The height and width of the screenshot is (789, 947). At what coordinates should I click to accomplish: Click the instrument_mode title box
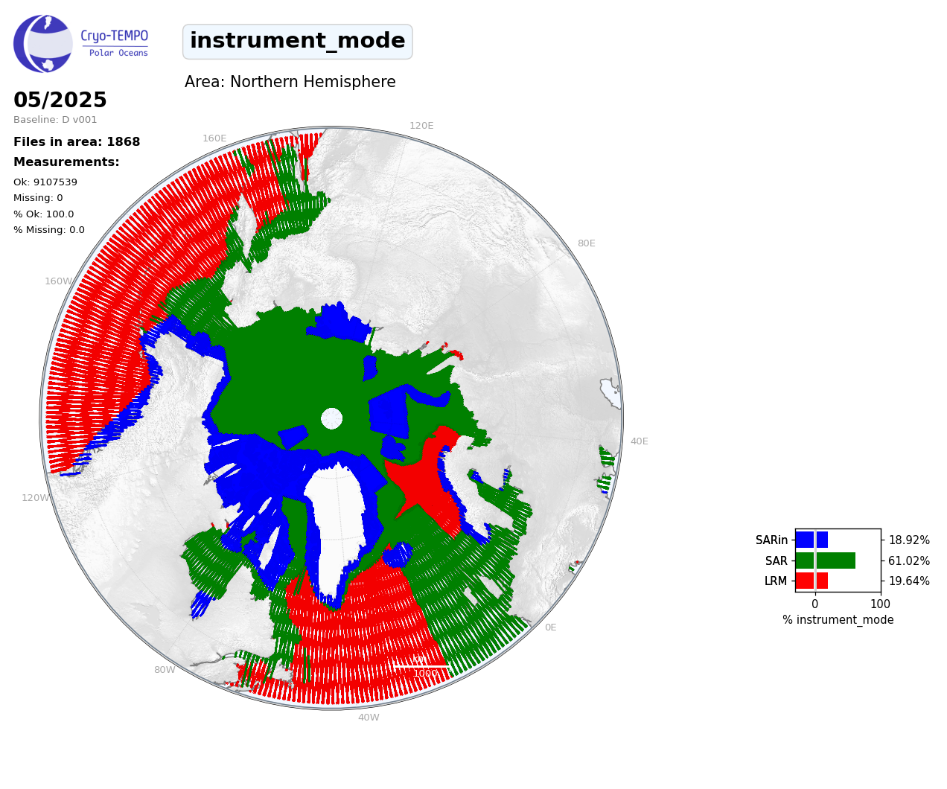[x=297, y=41]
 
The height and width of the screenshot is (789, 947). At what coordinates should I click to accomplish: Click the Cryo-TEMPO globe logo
[x=42, y=43]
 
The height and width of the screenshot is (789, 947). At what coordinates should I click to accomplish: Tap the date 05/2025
[x=60, y=99]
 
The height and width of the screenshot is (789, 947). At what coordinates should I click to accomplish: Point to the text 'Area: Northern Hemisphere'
[x=290, y=82]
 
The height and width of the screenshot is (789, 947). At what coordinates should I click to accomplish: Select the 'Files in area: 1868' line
[x=77, y=141]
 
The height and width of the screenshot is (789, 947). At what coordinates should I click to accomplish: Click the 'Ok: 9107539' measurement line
[x=45, y=182]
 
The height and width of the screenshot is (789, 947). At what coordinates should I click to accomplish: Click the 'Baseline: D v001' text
[x=55, y=119]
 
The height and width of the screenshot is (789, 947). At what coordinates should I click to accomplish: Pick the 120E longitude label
[x=421, y=125]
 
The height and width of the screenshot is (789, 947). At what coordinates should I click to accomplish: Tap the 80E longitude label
[x=586, y=243]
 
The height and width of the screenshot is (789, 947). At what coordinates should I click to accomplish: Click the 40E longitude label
[x=639, y=441]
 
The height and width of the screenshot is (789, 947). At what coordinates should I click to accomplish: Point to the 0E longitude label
[x=550, y=627]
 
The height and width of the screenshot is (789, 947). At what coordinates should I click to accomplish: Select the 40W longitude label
[x=369, y=717]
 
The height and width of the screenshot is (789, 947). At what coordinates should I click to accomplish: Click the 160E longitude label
[x=214, y=138]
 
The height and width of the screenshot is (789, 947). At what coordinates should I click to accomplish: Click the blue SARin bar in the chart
[x=812, y=540]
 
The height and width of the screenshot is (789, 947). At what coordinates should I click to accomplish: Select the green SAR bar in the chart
[x=826, y=560]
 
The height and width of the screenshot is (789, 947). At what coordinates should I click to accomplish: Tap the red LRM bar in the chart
[x=812, y=581]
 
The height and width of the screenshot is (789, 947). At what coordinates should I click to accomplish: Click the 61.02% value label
[x=909, y=560]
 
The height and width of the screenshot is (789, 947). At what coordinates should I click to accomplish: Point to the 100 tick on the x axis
[x=880, y=604]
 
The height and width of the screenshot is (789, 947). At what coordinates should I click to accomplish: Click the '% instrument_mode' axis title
[x=838, y=619]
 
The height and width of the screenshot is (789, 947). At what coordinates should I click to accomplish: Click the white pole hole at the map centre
[x=331, y=418]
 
